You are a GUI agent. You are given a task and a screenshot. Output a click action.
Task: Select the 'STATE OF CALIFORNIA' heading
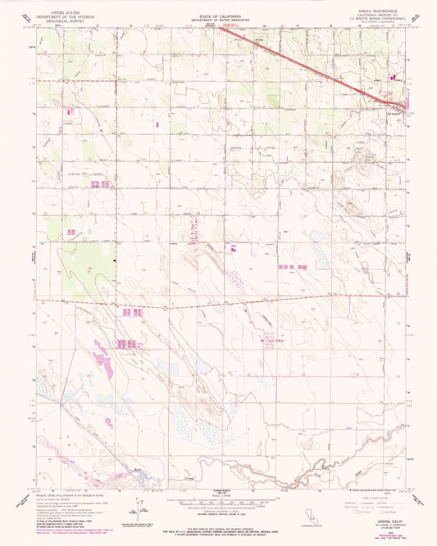click(x=218, y=13)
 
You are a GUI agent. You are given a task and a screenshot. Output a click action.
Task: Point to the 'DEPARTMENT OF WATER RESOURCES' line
click(x=218, y=18)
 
